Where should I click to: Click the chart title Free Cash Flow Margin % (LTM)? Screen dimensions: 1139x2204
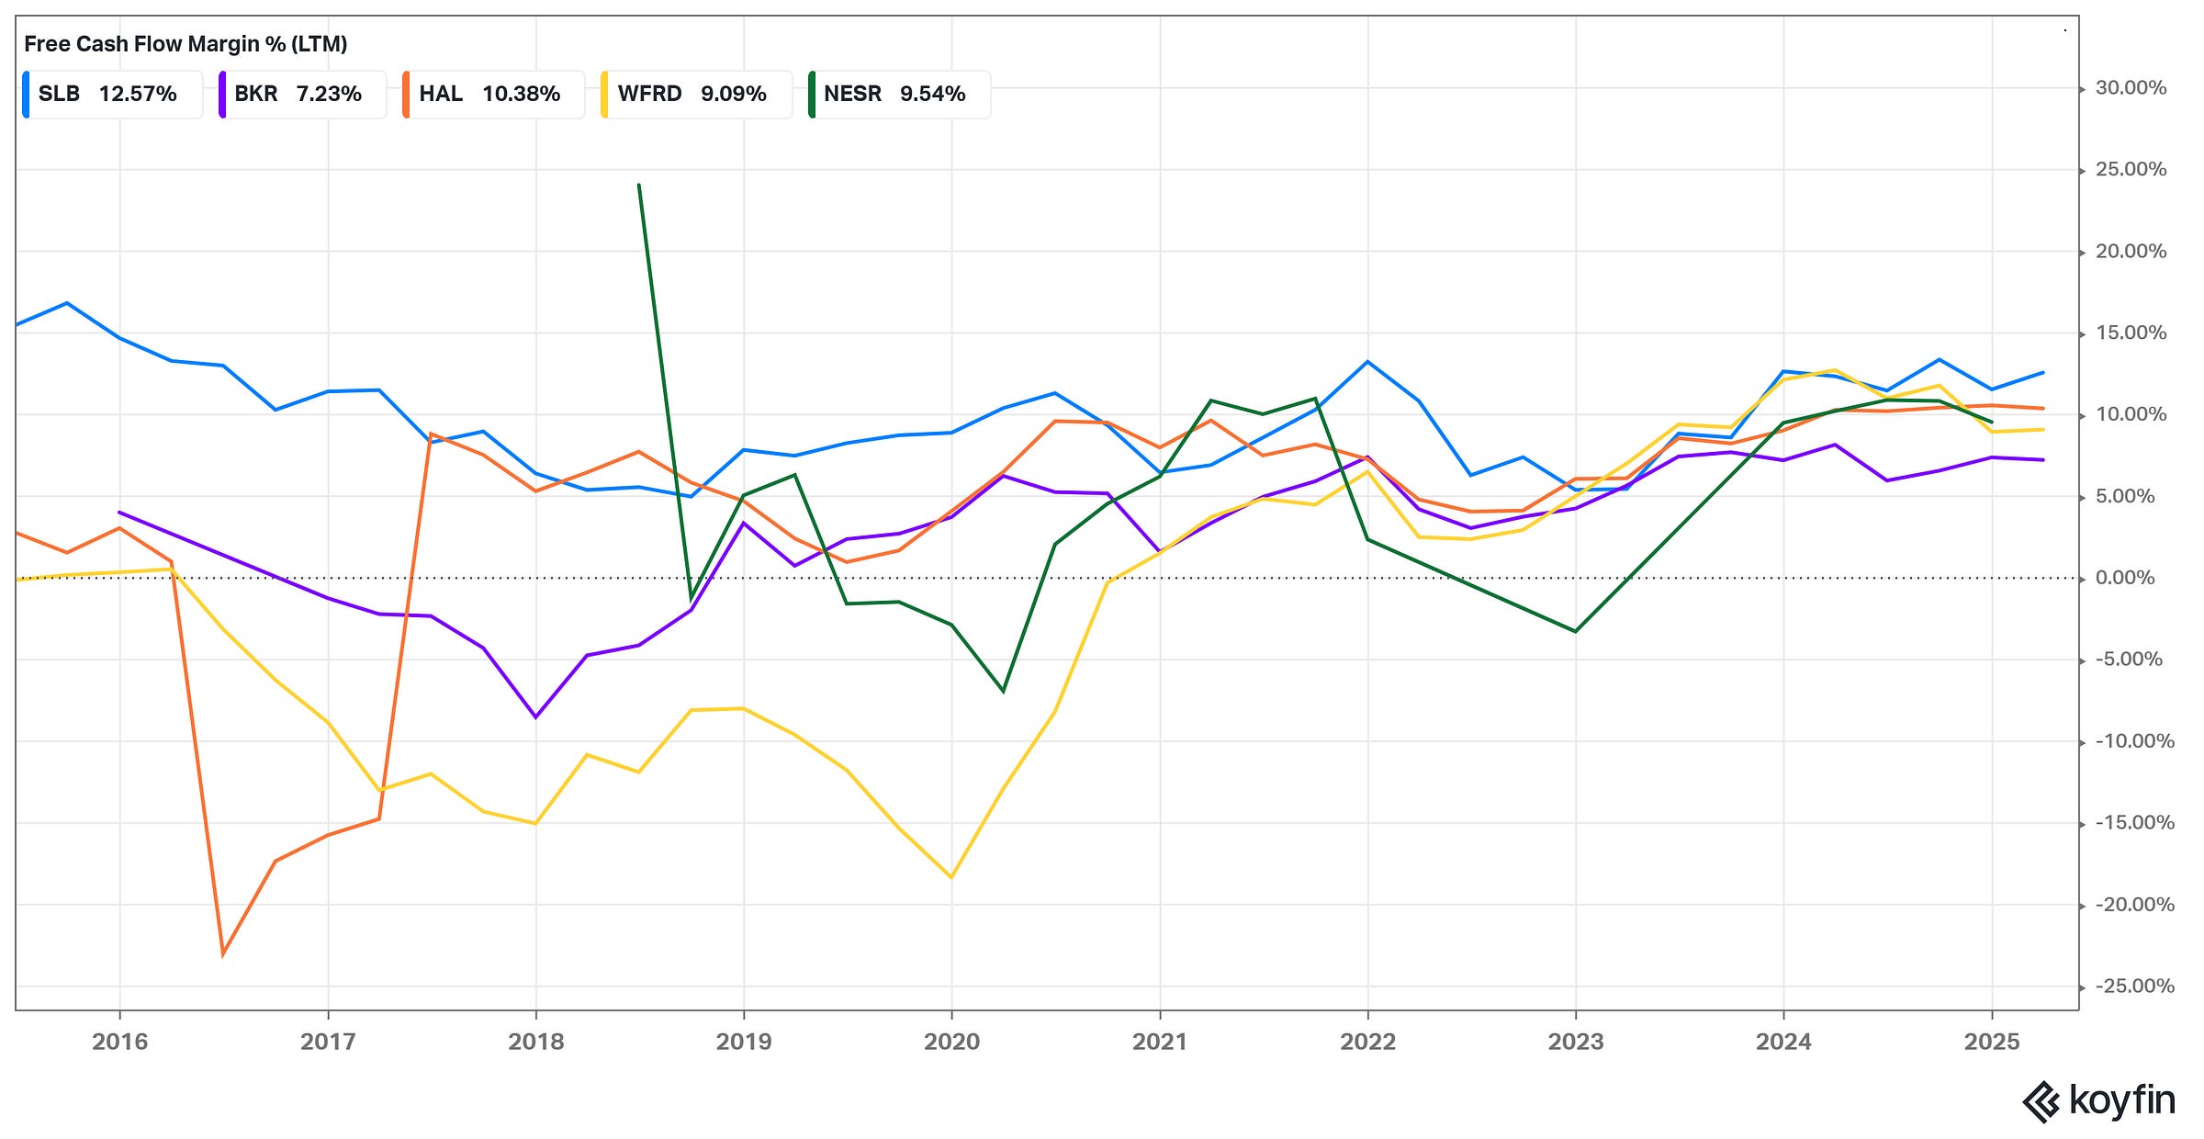point(186,44)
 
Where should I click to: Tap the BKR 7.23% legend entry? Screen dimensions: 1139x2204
point(301,94)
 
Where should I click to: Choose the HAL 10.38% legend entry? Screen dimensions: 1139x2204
point(492,94)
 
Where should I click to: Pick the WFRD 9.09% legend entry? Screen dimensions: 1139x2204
point(695,94)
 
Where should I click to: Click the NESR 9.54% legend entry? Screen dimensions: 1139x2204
point(898,94)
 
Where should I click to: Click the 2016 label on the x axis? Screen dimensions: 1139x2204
point(120,1042)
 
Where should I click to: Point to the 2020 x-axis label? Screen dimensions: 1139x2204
point(951,1042)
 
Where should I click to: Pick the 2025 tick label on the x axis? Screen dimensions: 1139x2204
point(1991,1042)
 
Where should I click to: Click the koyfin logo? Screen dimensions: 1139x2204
point(2098,1100)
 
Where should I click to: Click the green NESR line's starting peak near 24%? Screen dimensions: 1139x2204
point(639,185)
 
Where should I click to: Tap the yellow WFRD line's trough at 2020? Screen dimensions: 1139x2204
point(951,877)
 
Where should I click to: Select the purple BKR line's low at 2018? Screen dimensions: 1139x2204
point(535,717)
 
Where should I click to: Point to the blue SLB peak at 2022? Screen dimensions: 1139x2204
point(1367,361)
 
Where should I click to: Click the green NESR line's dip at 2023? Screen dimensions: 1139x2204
point(1575,631)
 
